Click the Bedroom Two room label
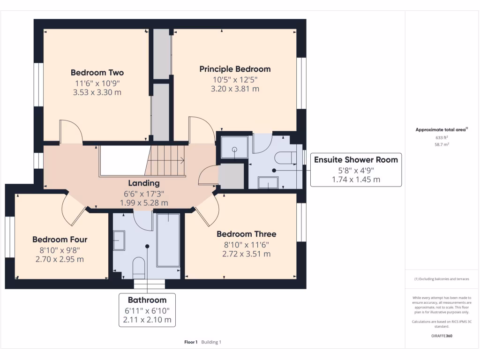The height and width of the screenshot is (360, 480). pyautogui.click(x=97, y=73)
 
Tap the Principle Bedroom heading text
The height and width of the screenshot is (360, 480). pyautogui.click(x=235, y=69)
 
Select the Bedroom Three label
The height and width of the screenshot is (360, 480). pyautogui.click(x=246, y=234)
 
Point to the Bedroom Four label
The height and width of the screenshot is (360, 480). pyautogui.click(x=60, y=240)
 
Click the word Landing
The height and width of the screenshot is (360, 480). pyautogui.click(x=144, y=183)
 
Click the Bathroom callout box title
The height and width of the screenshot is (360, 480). pyautogui.click(x=147, y=300)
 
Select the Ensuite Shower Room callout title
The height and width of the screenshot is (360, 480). pyautogui.click(x=356, y=159)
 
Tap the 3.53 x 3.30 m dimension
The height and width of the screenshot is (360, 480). pyautogui.click(x=97, y=92)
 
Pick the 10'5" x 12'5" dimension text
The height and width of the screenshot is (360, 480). pyautogui.click(x=235, y=79)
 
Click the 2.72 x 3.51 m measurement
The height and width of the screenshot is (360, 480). pyautogui.click(x=246, y=254)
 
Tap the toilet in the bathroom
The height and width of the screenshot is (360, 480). pyautogui.click(x=139, y=266)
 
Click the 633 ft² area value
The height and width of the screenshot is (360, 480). pyautogui.click(x=442, y=138)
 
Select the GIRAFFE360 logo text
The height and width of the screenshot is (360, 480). pyautogui.click(x=442, y=336)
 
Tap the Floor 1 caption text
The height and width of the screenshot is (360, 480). pyautogui.click(x=191, y=342)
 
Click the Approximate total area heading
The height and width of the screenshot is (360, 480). pyautogui.click(x=441, y=130)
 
